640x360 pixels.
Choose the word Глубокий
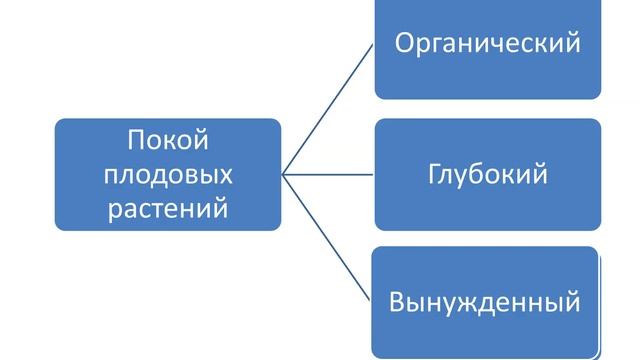(x=488, y=174)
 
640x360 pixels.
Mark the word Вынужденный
(x=486, y=300)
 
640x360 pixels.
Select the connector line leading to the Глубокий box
(x=330, y=174)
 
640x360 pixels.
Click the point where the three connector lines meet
(x=284, y=174)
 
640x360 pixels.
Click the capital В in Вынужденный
(x=396, y=300)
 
